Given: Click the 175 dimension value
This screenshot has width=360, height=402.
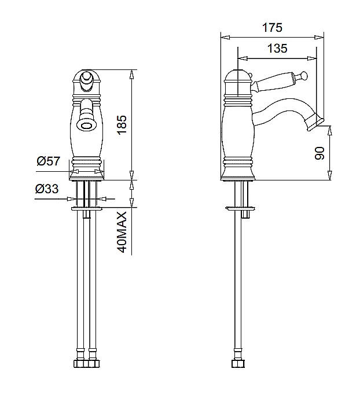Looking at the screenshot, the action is (272, 28).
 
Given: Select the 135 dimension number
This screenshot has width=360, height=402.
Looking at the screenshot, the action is (277, 49).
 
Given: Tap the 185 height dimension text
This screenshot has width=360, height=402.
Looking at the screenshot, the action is (122, 124).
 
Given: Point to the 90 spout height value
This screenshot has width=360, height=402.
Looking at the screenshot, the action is (319, 153).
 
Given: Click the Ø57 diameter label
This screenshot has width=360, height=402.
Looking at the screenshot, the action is (48, 161).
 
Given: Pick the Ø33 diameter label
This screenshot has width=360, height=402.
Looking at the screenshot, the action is (47, 189).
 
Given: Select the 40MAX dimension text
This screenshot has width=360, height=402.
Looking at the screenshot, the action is (122, 233).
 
